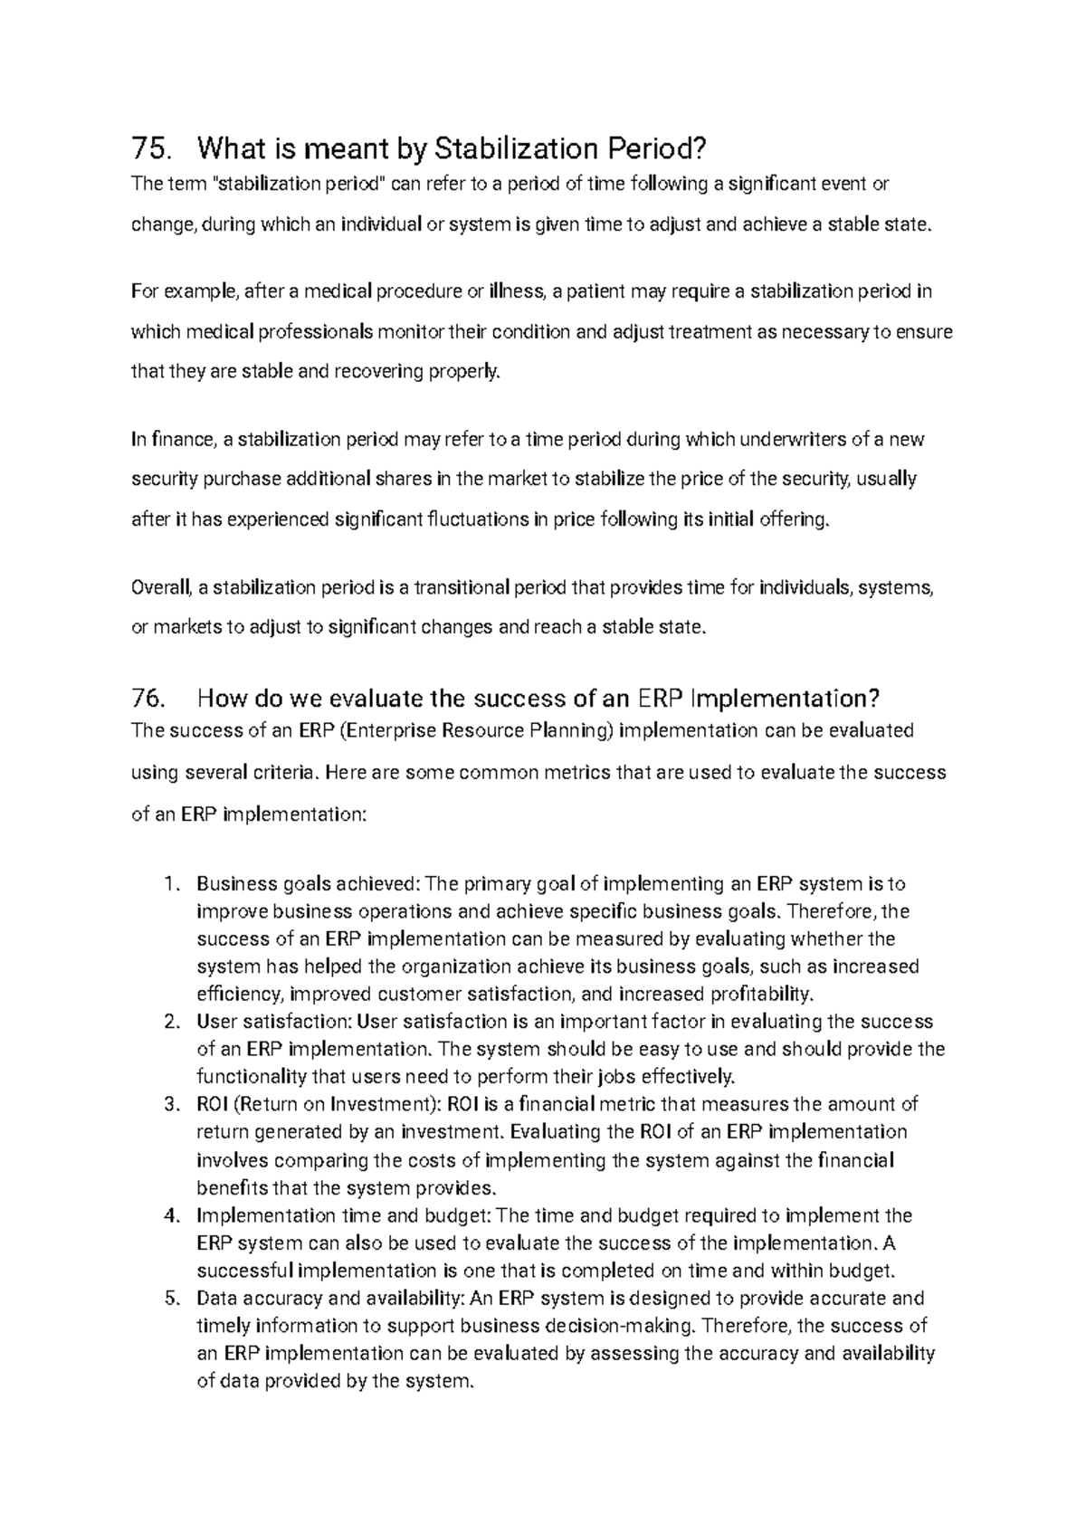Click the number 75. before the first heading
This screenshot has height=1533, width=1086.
[150, 148]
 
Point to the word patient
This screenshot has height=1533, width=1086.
[595, 291]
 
